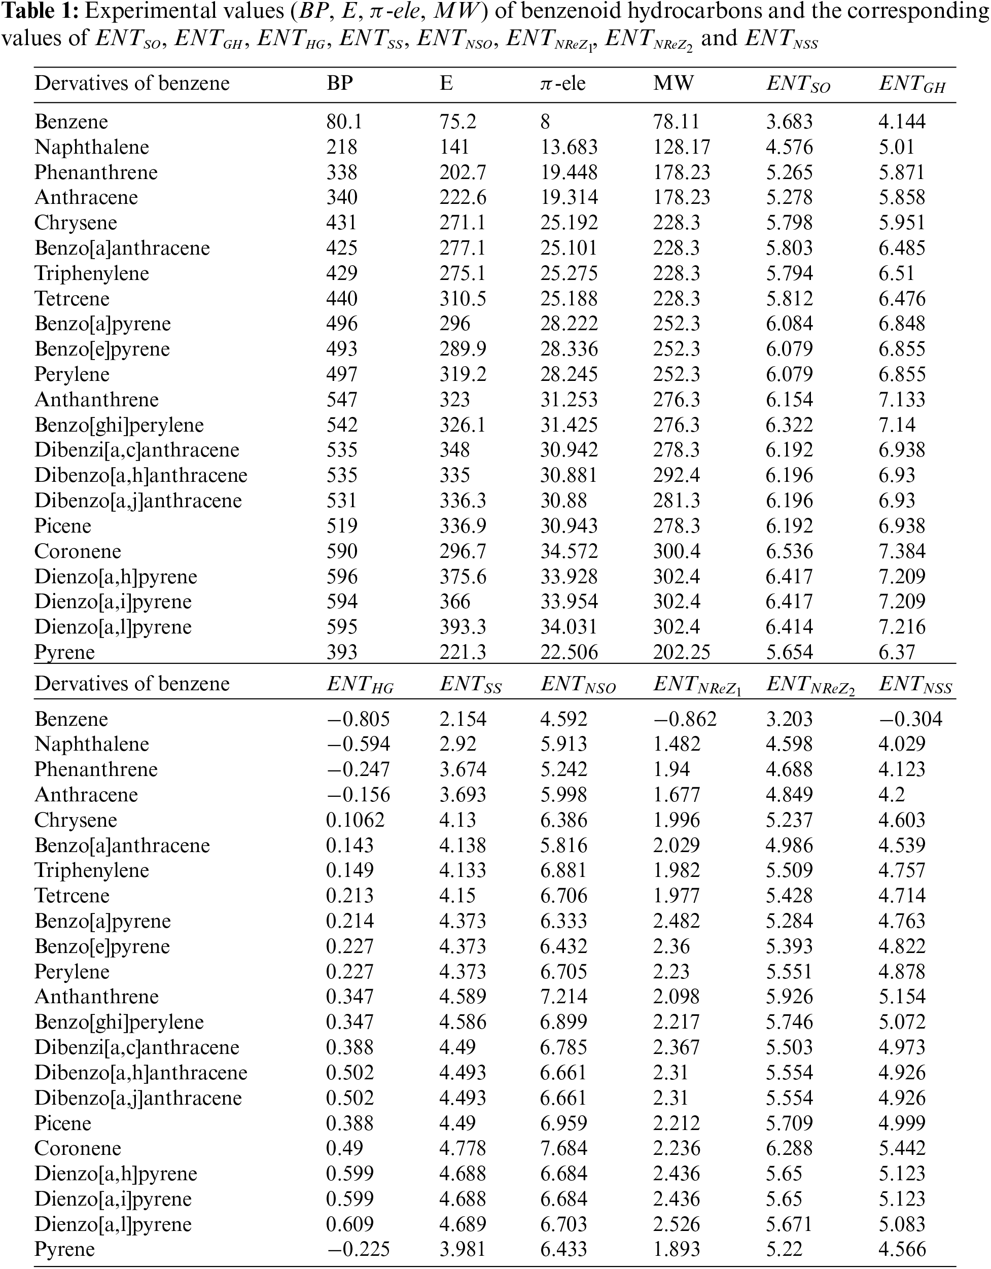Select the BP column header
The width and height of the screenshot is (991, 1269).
[x=340, y=84]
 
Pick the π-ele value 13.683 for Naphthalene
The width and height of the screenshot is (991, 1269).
[x=569, y=147]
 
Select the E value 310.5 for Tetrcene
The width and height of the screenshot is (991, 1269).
[x=463, y=299]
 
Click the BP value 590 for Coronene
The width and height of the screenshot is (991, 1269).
[x=341, y=551]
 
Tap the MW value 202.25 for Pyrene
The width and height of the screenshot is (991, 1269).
[x=682, y=652]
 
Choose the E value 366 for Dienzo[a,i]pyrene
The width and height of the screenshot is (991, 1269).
[x=454, y=602]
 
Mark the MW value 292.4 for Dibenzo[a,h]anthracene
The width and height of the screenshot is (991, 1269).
[x=676, y=475]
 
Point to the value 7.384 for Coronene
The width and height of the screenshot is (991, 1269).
[x=902, y=551]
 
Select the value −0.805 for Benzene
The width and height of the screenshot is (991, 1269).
[x=358, y=719]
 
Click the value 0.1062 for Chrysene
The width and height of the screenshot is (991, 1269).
[x=355, y=820]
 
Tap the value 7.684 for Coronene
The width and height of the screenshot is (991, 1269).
[x=563, y=1148]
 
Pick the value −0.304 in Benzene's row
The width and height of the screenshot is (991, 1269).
[x=910, y=719]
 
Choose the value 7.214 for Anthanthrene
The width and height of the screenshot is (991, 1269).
[x=563, y=997]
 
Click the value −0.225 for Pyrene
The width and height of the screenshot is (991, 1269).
[x=358, y=1249]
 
